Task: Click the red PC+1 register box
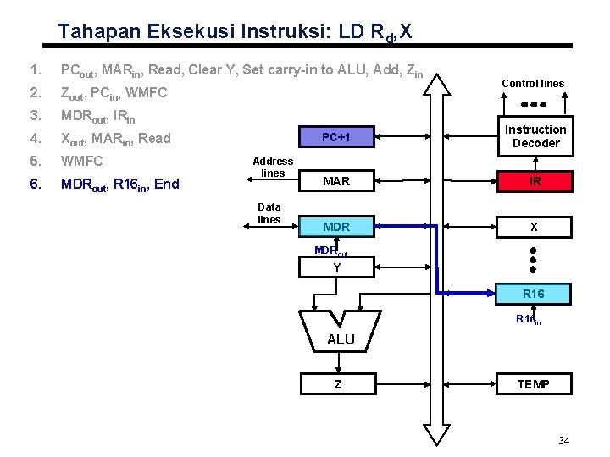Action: pyautogui.click(x=336, y=137)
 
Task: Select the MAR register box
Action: pyautogui.click(x=336, y=181)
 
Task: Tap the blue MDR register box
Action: pyautogui.click(x=336, y=227)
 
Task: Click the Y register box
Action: pyautogui.click(x=336, y=267)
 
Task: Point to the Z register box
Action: pyautogui.click(x=336, y=384)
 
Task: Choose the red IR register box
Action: pyautogui.click(x=535, y=181)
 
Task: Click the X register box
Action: pyautogui.click(x=535, y=227)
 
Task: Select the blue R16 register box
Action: pyautogui.click(x=535, y=294)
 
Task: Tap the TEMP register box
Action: pyautogui.click(x=535, y=384)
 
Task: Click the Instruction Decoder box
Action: pyautogui.click(x=535, y=136)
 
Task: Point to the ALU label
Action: pyautogui.click(x=341, y=339)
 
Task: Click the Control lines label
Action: pyautogui.click(x=533, y=84)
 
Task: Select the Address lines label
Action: pyautogui.click(x=273, y=167)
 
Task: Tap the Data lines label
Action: pyautogui.click(x=269, y=213)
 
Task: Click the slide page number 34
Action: pyautogui.click(x=565, y=441)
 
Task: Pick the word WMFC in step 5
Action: pyautogui.click(x=80, y=161)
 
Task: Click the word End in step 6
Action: pyautogui.click(x=166, y=184)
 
